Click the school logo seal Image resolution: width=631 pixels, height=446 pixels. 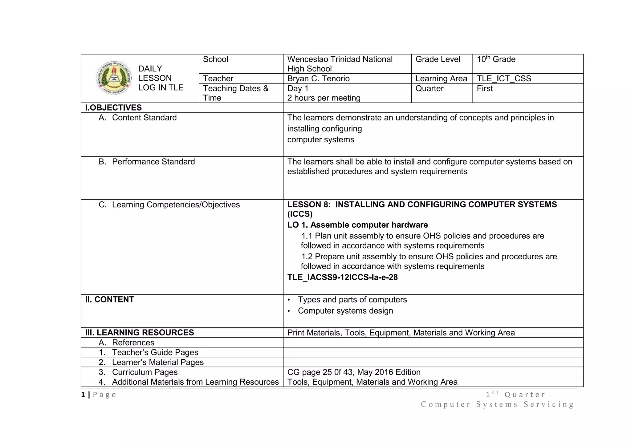coord(114,78)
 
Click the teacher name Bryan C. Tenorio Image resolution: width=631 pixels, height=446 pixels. coord(318,79)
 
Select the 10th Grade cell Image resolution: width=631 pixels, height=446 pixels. coord(496,59)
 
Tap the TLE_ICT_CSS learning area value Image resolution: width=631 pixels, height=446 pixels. coord(504,79)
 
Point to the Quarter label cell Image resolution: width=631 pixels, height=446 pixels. coord(429,89)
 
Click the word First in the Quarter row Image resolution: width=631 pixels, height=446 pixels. coord(485,89)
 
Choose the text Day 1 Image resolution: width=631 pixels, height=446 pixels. coord(298,89)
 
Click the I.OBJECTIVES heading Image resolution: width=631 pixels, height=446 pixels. coord(113,107)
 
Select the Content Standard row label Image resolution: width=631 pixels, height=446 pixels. coord(144,118)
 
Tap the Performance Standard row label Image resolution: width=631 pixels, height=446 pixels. coord(153,162)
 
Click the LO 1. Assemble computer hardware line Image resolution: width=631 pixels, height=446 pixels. coord(357,225)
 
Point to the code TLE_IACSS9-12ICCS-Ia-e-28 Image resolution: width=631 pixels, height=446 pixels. coord(342,277)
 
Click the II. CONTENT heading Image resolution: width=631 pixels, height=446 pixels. coord(109,299)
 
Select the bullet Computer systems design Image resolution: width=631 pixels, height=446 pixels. coord(345,311)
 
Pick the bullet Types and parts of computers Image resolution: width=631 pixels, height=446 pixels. coord(352,300)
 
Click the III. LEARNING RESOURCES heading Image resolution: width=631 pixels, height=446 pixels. coord(139,333)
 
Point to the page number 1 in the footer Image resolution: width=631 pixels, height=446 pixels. coord(83,395)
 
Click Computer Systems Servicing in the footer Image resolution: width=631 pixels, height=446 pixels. coord(497,404)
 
